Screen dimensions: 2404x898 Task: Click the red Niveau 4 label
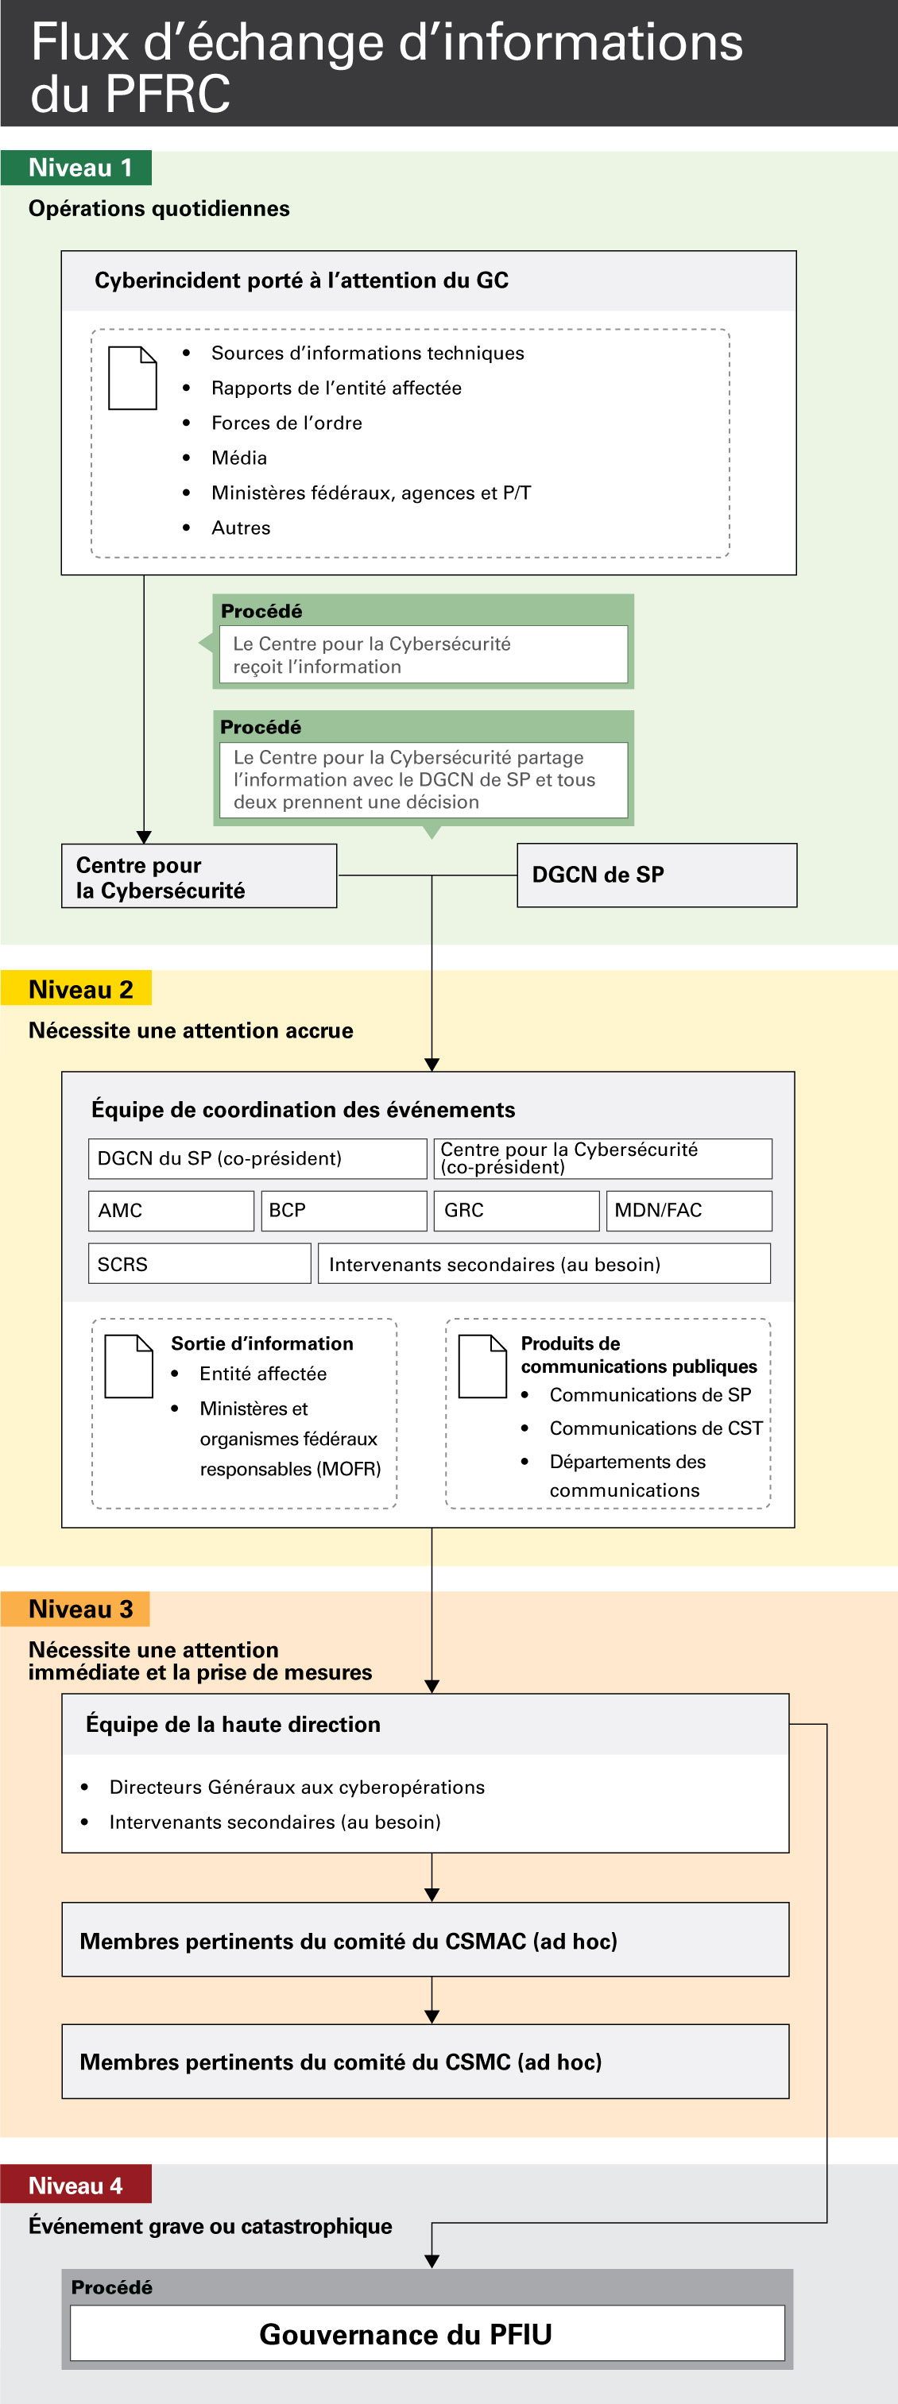tap(76, 2186)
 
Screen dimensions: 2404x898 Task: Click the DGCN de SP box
tap(656, 875)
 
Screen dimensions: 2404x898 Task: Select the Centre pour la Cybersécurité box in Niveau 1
tap(199, 876)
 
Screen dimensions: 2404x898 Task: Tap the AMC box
tap(171, 1211)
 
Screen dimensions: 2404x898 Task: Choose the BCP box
tap(343, 1211)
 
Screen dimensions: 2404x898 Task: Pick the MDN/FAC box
tap(688, 1211)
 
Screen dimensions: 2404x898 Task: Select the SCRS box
tap(199, 1264)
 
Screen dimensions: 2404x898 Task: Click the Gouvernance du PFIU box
tap(427, 2334)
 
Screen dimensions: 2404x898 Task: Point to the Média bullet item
tap(239, 458)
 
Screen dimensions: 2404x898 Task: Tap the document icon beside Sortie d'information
tap(129, 1366)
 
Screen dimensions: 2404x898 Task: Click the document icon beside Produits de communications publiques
tap(482, 1366)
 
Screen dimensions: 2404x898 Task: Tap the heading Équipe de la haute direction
tap(234, 1725)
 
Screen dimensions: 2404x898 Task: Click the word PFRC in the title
tap(168, 95)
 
